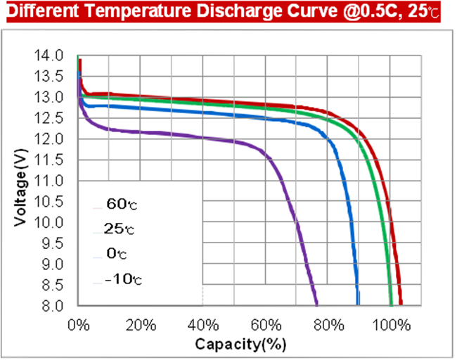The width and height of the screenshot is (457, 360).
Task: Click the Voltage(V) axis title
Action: [22, 181]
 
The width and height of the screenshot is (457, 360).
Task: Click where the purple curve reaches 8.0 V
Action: [317, 305]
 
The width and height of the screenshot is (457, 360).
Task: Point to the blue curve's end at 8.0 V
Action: [358, 305]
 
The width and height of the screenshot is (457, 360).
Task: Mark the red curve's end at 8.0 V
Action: [401, 305]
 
